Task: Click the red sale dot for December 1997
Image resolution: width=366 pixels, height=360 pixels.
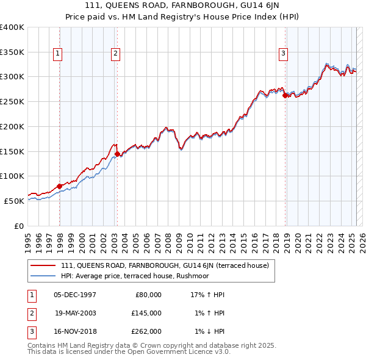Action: (59, 186)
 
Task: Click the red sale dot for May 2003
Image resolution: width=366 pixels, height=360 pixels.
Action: (117, 154)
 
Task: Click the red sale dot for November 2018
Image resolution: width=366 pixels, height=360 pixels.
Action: (285, 95)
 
